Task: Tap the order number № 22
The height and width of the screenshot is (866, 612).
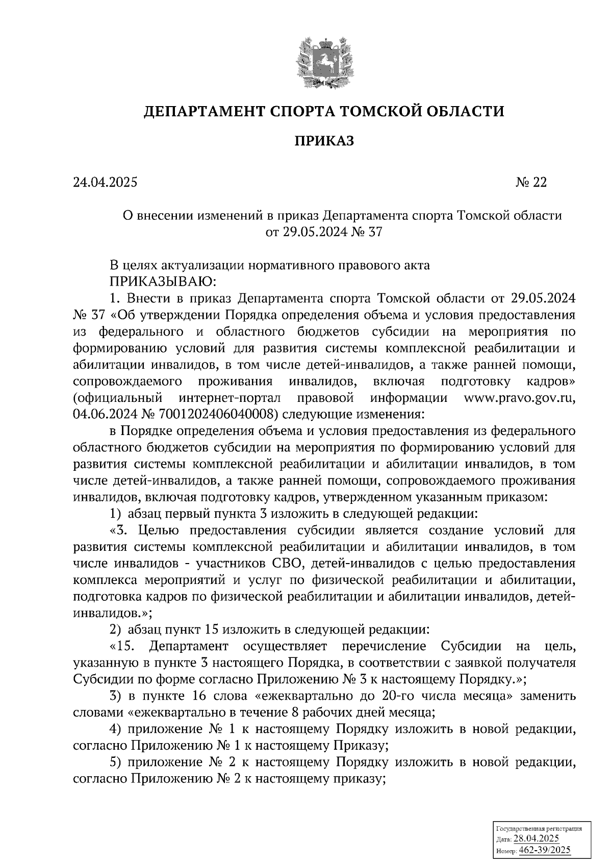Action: pos(530,183)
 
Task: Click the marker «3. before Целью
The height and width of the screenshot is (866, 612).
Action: pos(118,530)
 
